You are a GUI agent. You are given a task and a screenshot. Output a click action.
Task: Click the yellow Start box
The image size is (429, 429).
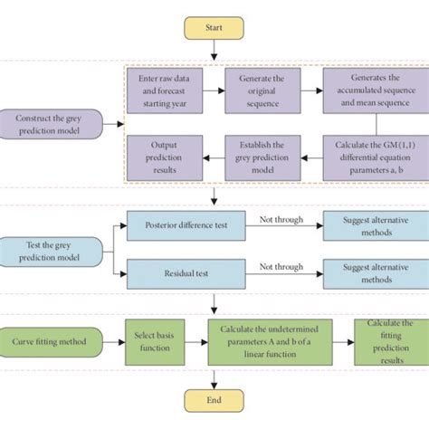tap(214, 27)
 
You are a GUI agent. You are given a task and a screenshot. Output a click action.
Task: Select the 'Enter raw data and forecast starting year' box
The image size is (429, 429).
tap(163, 91)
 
